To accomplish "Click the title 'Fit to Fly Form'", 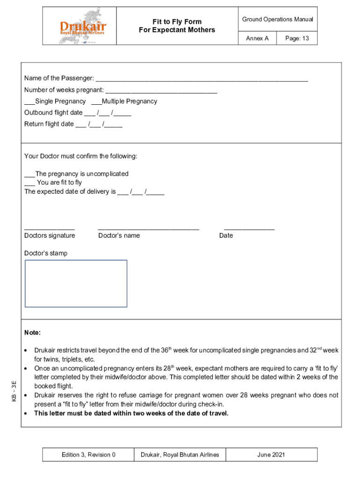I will pos(177,22).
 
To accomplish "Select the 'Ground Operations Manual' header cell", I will pos(278,19).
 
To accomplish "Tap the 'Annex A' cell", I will pos(257,38).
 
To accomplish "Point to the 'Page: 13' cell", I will pos(297,38).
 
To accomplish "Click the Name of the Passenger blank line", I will pos(202,79).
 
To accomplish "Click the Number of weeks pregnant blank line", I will pos(161,90).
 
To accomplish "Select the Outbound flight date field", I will pos(108,113).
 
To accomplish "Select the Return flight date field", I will pos(99,124).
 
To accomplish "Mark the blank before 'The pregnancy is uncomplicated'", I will pos(29,174).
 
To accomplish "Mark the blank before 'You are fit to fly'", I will pos(29,183).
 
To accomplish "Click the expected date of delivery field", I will pos(141,192).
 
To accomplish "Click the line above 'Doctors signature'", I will pos(50,228).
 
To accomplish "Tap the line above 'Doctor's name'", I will pos(149,228).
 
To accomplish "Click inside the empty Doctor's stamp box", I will pos(76,283).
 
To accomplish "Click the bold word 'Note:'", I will pos(33,333).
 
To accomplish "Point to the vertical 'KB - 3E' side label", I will pos(14,391).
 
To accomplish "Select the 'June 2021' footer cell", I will pos(271,455).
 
